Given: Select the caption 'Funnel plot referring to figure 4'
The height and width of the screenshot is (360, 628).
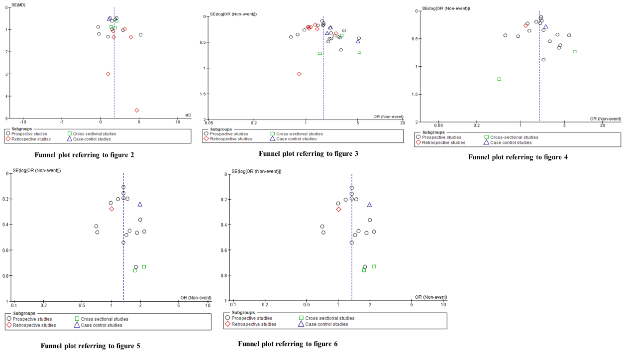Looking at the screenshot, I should click(x=518, y=157).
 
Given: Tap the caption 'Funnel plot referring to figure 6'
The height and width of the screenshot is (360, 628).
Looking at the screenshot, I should click(x=288, y=344).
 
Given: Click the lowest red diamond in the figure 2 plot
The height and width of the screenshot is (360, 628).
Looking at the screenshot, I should click(x=137, y=110).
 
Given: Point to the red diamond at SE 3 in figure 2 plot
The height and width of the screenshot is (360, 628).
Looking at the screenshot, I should click(x=108, y=74).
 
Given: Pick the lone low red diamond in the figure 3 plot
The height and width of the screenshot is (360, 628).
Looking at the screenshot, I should click(x=299, y=74).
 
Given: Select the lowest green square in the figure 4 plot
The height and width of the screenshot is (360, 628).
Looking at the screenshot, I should click(x=499, y=79).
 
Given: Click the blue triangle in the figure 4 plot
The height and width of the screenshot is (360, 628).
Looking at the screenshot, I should click(x=545, y=27).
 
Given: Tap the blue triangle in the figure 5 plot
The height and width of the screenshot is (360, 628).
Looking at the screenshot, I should click(x=140, y=204).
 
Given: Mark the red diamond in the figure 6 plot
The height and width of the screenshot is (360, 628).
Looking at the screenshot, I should click(x=338, y=209).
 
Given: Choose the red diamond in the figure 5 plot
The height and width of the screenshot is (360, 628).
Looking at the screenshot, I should click(x=111, y=209).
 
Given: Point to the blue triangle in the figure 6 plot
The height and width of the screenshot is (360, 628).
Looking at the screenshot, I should click(x=369, y=205).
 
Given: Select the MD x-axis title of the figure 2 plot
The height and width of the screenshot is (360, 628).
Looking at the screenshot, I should click(x=188, y=116).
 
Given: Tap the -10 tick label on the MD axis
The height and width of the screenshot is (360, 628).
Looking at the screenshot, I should click(x=23, y=121).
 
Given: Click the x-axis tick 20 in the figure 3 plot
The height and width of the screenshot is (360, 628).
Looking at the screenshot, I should click(x=402, y=122).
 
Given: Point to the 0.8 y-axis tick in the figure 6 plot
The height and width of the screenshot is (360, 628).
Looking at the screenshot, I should click(x=224, y=275).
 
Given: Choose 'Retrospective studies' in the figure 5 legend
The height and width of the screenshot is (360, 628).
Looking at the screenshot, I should click(x=34, y=325).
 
